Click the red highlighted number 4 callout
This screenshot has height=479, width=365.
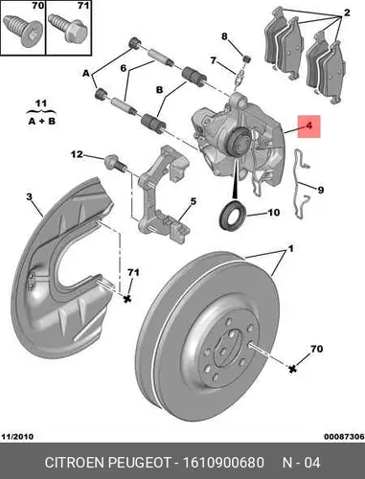[308, 126]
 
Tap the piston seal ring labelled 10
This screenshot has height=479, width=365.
[233, 214]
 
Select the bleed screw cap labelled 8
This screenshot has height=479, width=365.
[246, 58]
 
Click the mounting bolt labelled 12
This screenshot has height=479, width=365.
[115, 162]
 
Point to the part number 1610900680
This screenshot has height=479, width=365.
[223, 463]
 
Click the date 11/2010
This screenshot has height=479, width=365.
[17, 436]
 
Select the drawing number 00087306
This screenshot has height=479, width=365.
[344, 436]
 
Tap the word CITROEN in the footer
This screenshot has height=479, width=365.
[75, 463]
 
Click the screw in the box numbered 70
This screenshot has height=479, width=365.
[22, 32]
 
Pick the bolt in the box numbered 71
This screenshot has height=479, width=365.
[68, 30]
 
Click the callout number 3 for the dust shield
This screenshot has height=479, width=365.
[30, 196]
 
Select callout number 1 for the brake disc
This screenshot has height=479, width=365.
[291, 248]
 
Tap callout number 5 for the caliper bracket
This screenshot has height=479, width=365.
[194, 201]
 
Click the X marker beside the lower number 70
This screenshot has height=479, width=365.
[292, 369]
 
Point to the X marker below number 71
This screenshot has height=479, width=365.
[127, 299]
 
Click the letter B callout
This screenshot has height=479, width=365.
[160, 90]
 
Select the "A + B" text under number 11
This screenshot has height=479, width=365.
[41, 122]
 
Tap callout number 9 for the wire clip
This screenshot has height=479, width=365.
[321, 191]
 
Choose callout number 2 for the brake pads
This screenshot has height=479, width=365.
[347, 12]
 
